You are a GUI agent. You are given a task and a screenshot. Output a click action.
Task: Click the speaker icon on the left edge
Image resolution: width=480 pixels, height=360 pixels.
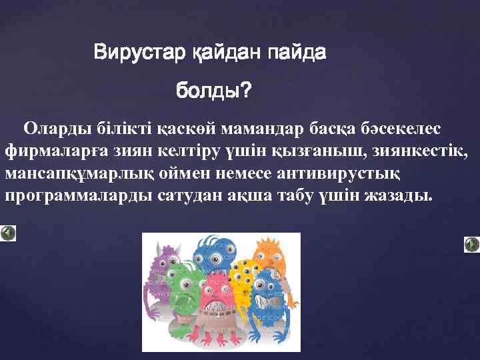[x=8, y=233]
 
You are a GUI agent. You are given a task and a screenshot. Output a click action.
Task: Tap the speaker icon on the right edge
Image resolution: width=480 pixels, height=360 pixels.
[x=471, y=244]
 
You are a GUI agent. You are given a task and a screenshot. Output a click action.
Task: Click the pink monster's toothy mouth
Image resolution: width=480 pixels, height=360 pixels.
[x=217, y=307]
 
